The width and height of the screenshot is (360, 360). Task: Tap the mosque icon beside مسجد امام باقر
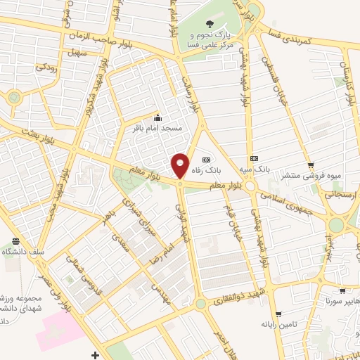(157, 117)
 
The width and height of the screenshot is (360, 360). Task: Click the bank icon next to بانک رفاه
(206, 159)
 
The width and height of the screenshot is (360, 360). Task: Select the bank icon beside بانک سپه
(254, 159)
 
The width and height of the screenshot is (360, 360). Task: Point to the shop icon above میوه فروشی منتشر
(310, 165)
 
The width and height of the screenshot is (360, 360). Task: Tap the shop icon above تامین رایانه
(278, 314)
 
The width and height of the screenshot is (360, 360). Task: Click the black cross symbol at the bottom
(95, 354)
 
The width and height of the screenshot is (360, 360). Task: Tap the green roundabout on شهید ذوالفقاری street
(202, 304)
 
